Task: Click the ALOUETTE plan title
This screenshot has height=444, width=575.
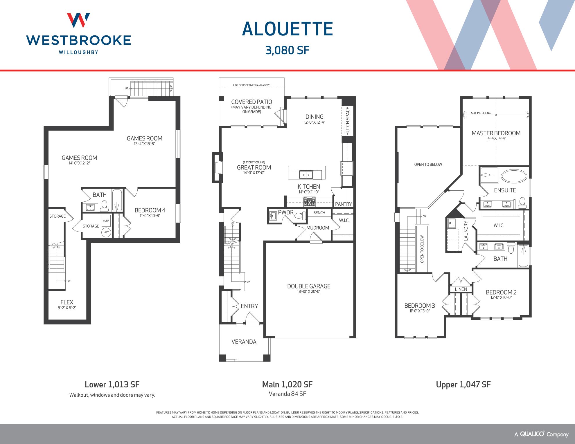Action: coord(287,29)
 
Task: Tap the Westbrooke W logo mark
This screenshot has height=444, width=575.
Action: coord(78,20)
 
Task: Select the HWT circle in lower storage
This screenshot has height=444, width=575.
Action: coord(106,232)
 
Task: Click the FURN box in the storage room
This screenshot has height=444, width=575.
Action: coord(106,221)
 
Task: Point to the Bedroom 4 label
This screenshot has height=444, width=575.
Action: coord(150,210)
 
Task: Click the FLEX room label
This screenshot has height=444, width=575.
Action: coord(67,302)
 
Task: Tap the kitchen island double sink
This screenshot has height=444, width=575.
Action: coord(306,175)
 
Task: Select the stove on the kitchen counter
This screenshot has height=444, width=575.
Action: coord(310,202)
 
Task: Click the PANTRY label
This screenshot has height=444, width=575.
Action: coord(343,204)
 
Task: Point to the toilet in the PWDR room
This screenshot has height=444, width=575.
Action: coord(300,215)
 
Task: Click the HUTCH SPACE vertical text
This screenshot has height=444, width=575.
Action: coord(348,121)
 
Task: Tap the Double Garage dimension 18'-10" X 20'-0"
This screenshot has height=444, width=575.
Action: coord(309,292)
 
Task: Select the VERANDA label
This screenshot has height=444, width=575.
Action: coord(244,342)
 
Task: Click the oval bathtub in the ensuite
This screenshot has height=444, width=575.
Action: coord(514,176)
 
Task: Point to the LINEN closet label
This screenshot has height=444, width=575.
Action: coord(461,289)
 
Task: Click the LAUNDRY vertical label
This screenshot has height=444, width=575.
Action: coord(466,231)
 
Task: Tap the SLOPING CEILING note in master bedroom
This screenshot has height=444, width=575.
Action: coord(481,113)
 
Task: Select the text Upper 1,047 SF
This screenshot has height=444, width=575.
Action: coord(463,385)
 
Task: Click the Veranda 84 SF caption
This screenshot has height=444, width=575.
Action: coord(287,394)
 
